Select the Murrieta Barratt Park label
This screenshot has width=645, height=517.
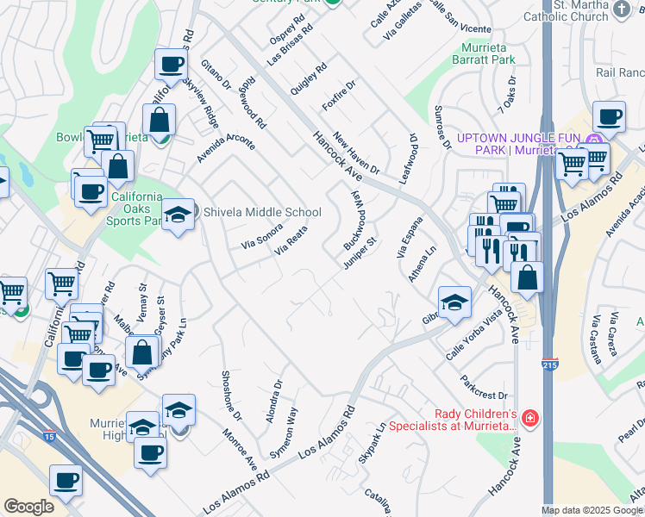pyautogui.click(x=483, y=53)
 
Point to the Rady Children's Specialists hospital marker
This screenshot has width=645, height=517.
pyautogui.click(x=529, y=420)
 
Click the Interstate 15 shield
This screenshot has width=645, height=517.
pyautogui.click(x=51, y=437)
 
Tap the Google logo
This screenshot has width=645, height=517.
pyautogui.click(x=29, y=507)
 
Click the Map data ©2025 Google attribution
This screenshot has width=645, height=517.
pyautogui.click(x=592, y=510)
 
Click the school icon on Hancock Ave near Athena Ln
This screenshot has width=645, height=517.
pyautogui.click(x=454, y=302)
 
